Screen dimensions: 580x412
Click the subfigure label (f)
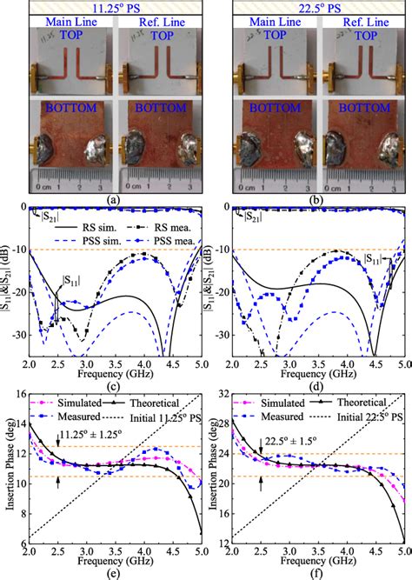tap(316, 570)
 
